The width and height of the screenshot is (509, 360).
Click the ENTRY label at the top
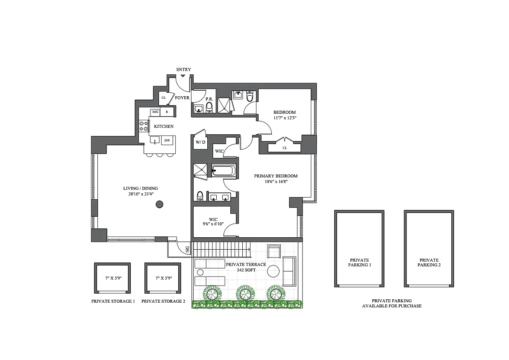(x=183, y=69)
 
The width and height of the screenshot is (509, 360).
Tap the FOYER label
(x=182, y=98)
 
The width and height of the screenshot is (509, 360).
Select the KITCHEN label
(x=164, y=126)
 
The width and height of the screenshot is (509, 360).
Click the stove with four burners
(x=144, y=126)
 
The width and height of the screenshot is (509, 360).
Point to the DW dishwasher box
(x=167, y=141)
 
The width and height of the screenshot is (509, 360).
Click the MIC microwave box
(x=156, y=112)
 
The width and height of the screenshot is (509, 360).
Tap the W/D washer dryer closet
(x=200, y=142)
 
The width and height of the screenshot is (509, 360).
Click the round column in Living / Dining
(x=159, y=204)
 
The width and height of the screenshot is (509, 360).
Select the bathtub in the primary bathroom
(x=224, y=171)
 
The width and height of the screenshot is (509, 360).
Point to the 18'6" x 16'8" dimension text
(x=276, y=182)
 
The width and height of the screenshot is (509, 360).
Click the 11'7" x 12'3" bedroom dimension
(x=285, y=118)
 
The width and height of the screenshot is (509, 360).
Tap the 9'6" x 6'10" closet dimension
(x=213, y=224)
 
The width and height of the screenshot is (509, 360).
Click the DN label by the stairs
(x=187, y=249)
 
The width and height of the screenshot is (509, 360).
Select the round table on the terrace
(x=273, y=271)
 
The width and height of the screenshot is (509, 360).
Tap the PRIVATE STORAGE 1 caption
(x=113, y=301)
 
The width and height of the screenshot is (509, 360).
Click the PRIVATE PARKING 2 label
(x=429, y=262)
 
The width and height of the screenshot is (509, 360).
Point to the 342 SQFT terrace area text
(x=246, y=270)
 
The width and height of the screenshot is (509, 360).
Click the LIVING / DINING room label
(x=141, y=188)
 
